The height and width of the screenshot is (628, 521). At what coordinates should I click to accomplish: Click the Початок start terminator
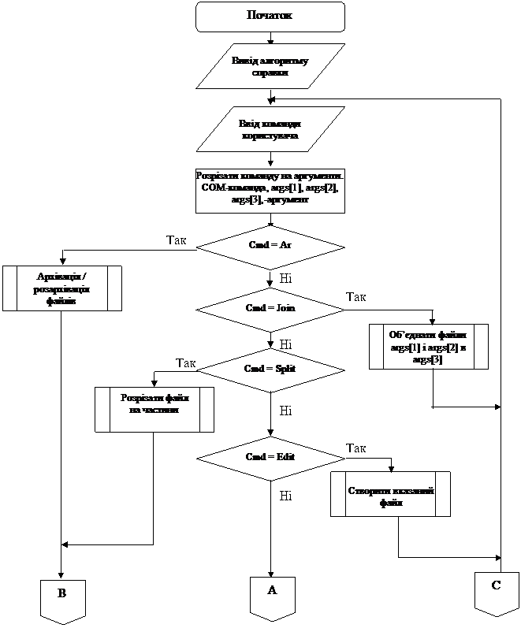[x=270, y=17]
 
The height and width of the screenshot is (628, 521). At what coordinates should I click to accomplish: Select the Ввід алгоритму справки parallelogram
[x=270, y=66]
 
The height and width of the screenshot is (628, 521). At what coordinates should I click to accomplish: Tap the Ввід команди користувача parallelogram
[x=270, y=129]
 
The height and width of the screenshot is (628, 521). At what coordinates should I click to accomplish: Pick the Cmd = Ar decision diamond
[x=270, y=247]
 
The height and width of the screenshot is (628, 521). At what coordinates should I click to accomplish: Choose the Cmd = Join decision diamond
[x=270, y=308]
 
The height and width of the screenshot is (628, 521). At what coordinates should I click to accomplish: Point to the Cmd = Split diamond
[x=270, y=369]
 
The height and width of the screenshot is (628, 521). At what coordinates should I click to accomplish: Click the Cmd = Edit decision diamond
[x=270, y=457]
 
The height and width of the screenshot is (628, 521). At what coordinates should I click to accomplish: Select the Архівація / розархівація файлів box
[x=61, y=288]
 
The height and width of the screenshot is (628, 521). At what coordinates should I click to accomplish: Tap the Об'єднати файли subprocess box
[x=429, y=347]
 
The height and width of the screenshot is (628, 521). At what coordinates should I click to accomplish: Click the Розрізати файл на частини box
[x=154, y=410]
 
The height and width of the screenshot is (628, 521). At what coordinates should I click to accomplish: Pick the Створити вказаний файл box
[x=391, y=495]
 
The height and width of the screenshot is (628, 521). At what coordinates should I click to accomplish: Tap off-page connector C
[x=497, y=593]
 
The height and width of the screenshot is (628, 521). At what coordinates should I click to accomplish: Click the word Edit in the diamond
[x=285, y=457]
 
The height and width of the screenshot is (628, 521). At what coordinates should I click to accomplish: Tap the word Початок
[x=270, y=16]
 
